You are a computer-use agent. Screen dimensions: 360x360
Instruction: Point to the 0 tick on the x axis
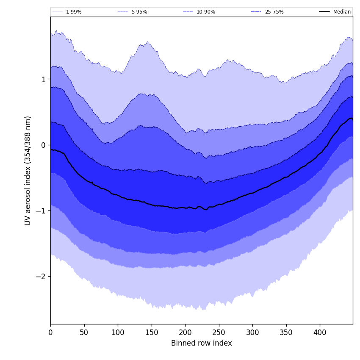click(50, 332)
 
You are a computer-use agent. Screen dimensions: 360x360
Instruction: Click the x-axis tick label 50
click(84, 332)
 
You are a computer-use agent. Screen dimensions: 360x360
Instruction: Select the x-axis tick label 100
click(118, 332)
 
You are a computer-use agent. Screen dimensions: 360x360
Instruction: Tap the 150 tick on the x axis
click(152, 332)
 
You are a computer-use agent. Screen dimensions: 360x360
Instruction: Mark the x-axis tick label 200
click(185, 332)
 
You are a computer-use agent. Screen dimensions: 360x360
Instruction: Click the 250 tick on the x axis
click(219, 332)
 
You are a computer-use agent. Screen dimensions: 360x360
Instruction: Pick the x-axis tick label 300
click(252, 332)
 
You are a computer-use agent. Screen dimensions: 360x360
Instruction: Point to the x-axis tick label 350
click(286, 332)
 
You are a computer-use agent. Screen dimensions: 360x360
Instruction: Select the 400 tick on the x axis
click(320, 332)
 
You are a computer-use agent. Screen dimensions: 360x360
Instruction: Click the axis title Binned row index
click(202, 343)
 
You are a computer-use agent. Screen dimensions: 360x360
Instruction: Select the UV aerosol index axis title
click(28, 170)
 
